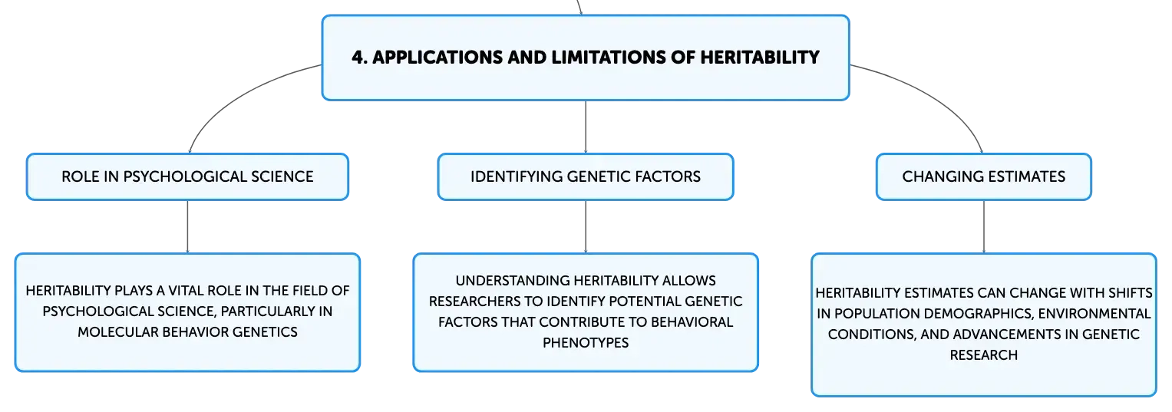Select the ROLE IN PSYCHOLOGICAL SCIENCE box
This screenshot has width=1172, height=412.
(187, 176)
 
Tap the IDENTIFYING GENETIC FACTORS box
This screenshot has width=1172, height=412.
(586, 176)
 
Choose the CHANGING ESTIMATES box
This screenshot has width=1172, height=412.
(984, 176)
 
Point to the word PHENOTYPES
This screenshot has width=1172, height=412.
(586, 342)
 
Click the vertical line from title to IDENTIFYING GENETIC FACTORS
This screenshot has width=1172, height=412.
(586, 127)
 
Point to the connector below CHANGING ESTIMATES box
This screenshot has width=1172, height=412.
(984, 227)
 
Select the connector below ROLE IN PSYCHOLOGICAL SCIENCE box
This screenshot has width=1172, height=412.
(187, 227)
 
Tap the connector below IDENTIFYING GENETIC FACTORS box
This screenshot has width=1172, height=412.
(586, 227)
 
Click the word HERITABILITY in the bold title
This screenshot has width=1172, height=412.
(760, 58)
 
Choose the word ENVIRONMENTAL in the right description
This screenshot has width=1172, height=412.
(1094, 314)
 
